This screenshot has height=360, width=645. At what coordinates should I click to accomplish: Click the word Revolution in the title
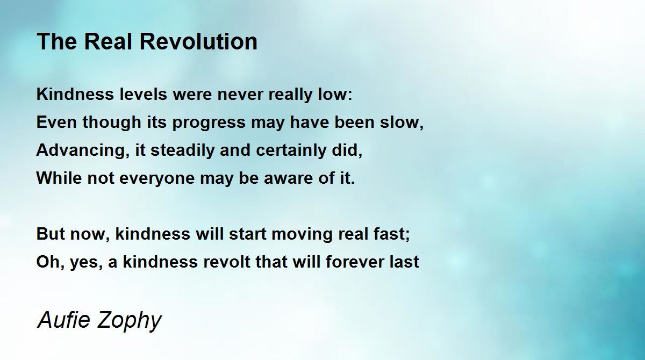point(198,41)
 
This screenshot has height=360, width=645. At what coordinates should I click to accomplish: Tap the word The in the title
point(57,41)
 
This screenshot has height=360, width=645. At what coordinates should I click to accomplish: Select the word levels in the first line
point(143,94)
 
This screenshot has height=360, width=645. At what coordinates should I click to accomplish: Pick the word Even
point(56,122)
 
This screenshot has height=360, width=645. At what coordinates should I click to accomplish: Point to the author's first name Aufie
point(64,319)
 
